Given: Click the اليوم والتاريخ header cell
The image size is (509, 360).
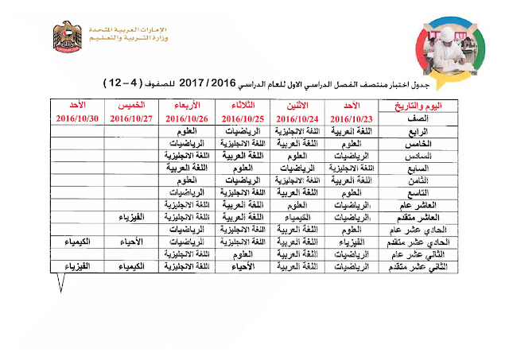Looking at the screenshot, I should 416,105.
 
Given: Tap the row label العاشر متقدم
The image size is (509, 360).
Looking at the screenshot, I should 413,216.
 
